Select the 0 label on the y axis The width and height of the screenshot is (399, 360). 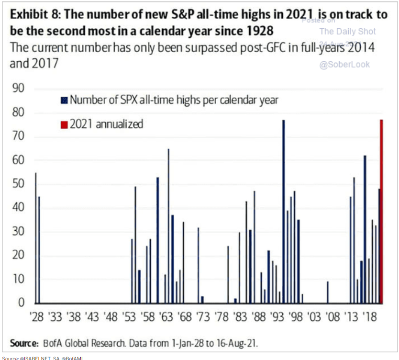coord(20,303)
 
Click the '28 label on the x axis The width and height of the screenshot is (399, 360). coord(37,317)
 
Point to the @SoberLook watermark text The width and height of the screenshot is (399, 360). coord(344,64)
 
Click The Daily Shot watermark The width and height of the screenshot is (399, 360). coord(347,32)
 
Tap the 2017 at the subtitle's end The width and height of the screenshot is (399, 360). coord(43,63)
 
